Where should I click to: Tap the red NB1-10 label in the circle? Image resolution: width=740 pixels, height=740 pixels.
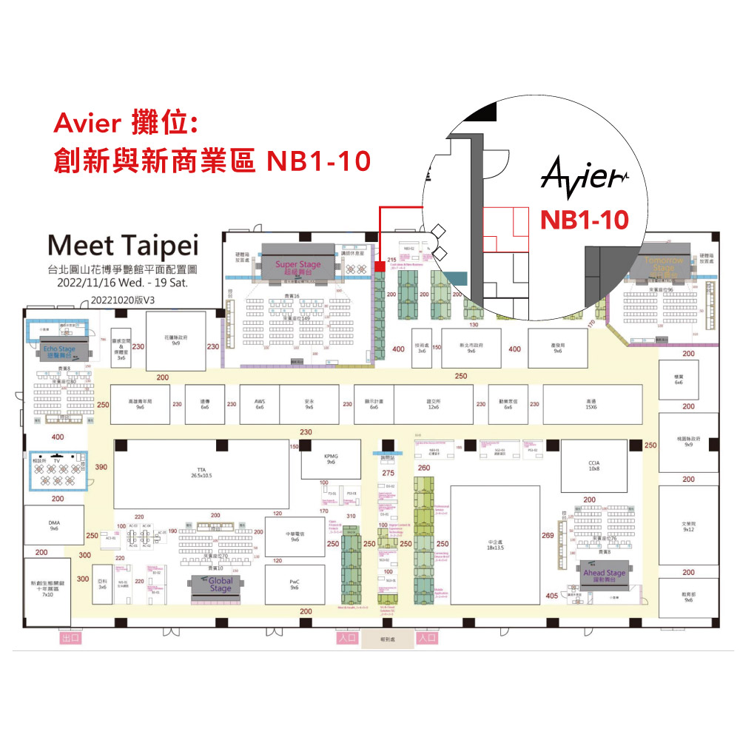coord(585,219)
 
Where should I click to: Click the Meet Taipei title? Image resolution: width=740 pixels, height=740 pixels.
coord(123,244)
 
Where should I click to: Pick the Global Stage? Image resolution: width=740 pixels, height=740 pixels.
coord(221,584)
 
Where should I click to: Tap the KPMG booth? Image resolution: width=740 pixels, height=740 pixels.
coord(331,459)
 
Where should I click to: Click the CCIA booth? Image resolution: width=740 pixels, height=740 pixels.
coord(593,465)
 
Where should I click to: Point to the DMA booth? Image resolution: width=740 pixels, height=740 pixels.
coord(54,525)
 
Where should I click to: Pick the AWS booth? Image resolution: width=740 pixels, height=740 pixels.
coord(260,404)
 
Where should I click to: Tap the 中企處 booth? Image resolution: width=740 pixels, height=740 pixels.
coord(495,545)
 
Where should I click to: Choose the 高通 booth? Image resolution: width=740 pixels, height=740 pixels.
coord(591,404)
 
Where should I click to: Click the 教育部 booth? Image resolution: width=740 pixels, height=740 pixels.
coord(688,596)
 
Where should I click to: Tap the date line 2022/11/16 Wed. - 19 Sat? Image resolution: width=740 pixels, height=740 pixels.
coord(123,283)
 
